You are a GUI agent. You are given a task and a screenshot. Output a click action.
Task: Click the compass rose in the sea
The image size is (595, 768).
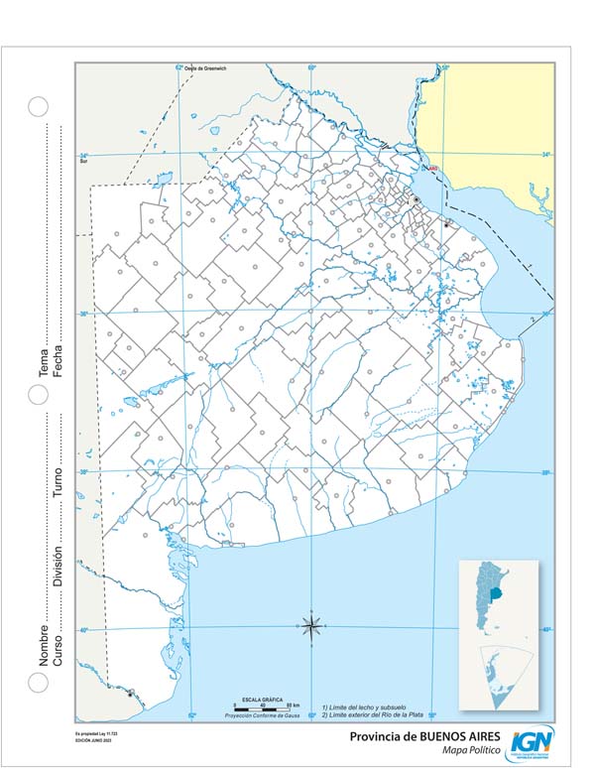click(x=310, y=625)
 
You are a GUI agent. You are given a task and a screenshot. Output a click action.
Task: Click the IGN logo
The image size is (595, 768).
click(x=533, y=741)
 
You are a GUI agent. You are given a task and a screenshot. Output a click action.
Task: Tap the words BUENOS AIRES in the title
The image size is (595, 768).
click(x=449, y=737)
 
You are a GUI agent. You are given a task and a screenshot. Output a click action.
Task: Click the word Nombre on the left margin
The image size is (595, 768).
click(x=44, y=644)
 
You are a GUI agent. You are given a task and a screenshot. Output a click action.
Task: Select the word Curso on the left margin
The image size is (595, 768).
click(x=57, y=650)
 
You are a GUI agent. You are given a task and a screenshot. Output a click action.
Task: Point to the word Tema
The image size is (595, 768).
click(x=44, y=365)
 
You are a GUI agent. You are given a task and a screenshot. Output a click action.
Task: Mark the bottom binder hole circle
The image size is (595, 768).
click(x=38, y=683)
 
